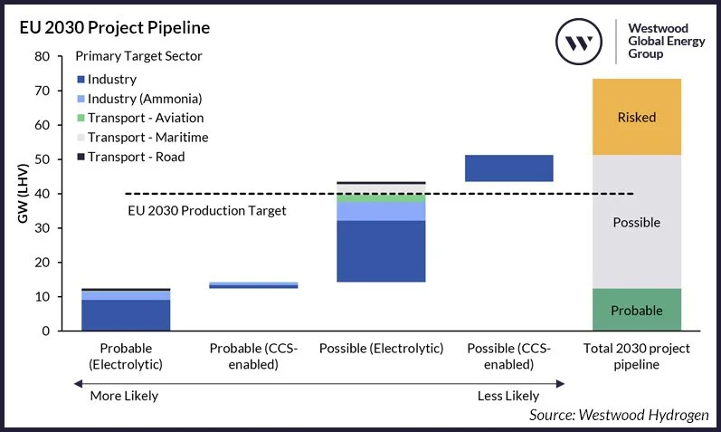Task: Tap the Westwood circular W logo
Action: (x=579, y=43)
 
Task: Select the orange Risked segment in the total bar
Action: (x=636, y=117)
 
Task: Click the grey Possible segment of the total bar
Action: (x=636, y=222)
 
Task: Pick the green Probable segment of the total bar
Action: (x=636, y=310)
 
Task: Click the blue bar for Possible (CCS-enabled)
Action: (x=508, y=168)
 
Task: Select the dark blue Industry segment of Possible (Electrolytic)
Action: (x=381, y=251)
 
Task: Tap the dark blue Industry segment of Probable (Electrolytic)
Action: (x=127, y=315)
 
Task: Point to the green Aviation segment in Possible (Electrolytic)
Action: (x=381, y=197)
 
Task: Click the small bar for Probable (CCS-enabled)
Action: (x=254, y=285)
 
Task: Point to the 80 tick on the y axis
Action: (x=42, y=56)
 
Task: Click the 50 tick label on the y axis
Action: (x=42, y=159)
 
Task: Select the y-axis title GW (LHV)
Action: (x=17, y=194)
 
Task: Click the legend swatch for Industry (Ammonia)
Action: (x=81, y=99)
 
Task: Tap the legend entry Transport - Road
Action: (x=136, y=157)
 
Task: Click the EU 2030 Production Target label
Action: (x=206, y=211)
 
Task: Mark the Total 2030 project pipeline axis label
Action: (x=636, y=357)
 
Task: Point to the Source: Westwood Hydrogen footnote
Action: (x=619, y=415)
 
